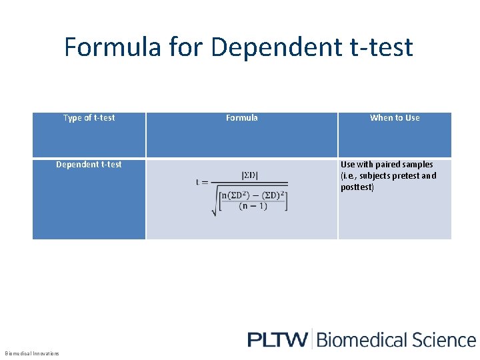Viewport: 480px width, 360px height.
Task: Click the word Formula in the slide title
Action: click(112, 47)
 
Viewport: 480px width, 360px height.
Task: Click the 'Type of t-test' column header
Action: click(89, 118)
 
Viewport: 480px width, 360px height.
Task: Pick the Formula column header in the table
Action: click(241, 118)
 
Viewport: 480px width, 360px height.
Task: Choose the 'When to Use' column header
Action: click(395, 118)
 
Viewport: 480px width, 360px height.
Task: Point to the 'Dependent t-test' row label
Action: click(89, 164)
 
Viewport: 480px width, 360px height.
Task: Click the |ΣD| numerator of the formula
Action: click(250, 175)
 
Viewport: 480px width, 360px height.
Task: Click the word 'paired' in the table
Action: click(389, 164)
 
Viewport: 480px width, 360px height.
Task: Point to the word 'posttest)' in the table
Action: click(357, 187)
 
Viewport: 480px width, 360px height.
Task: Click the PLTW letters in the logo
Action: click(277, 339)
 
